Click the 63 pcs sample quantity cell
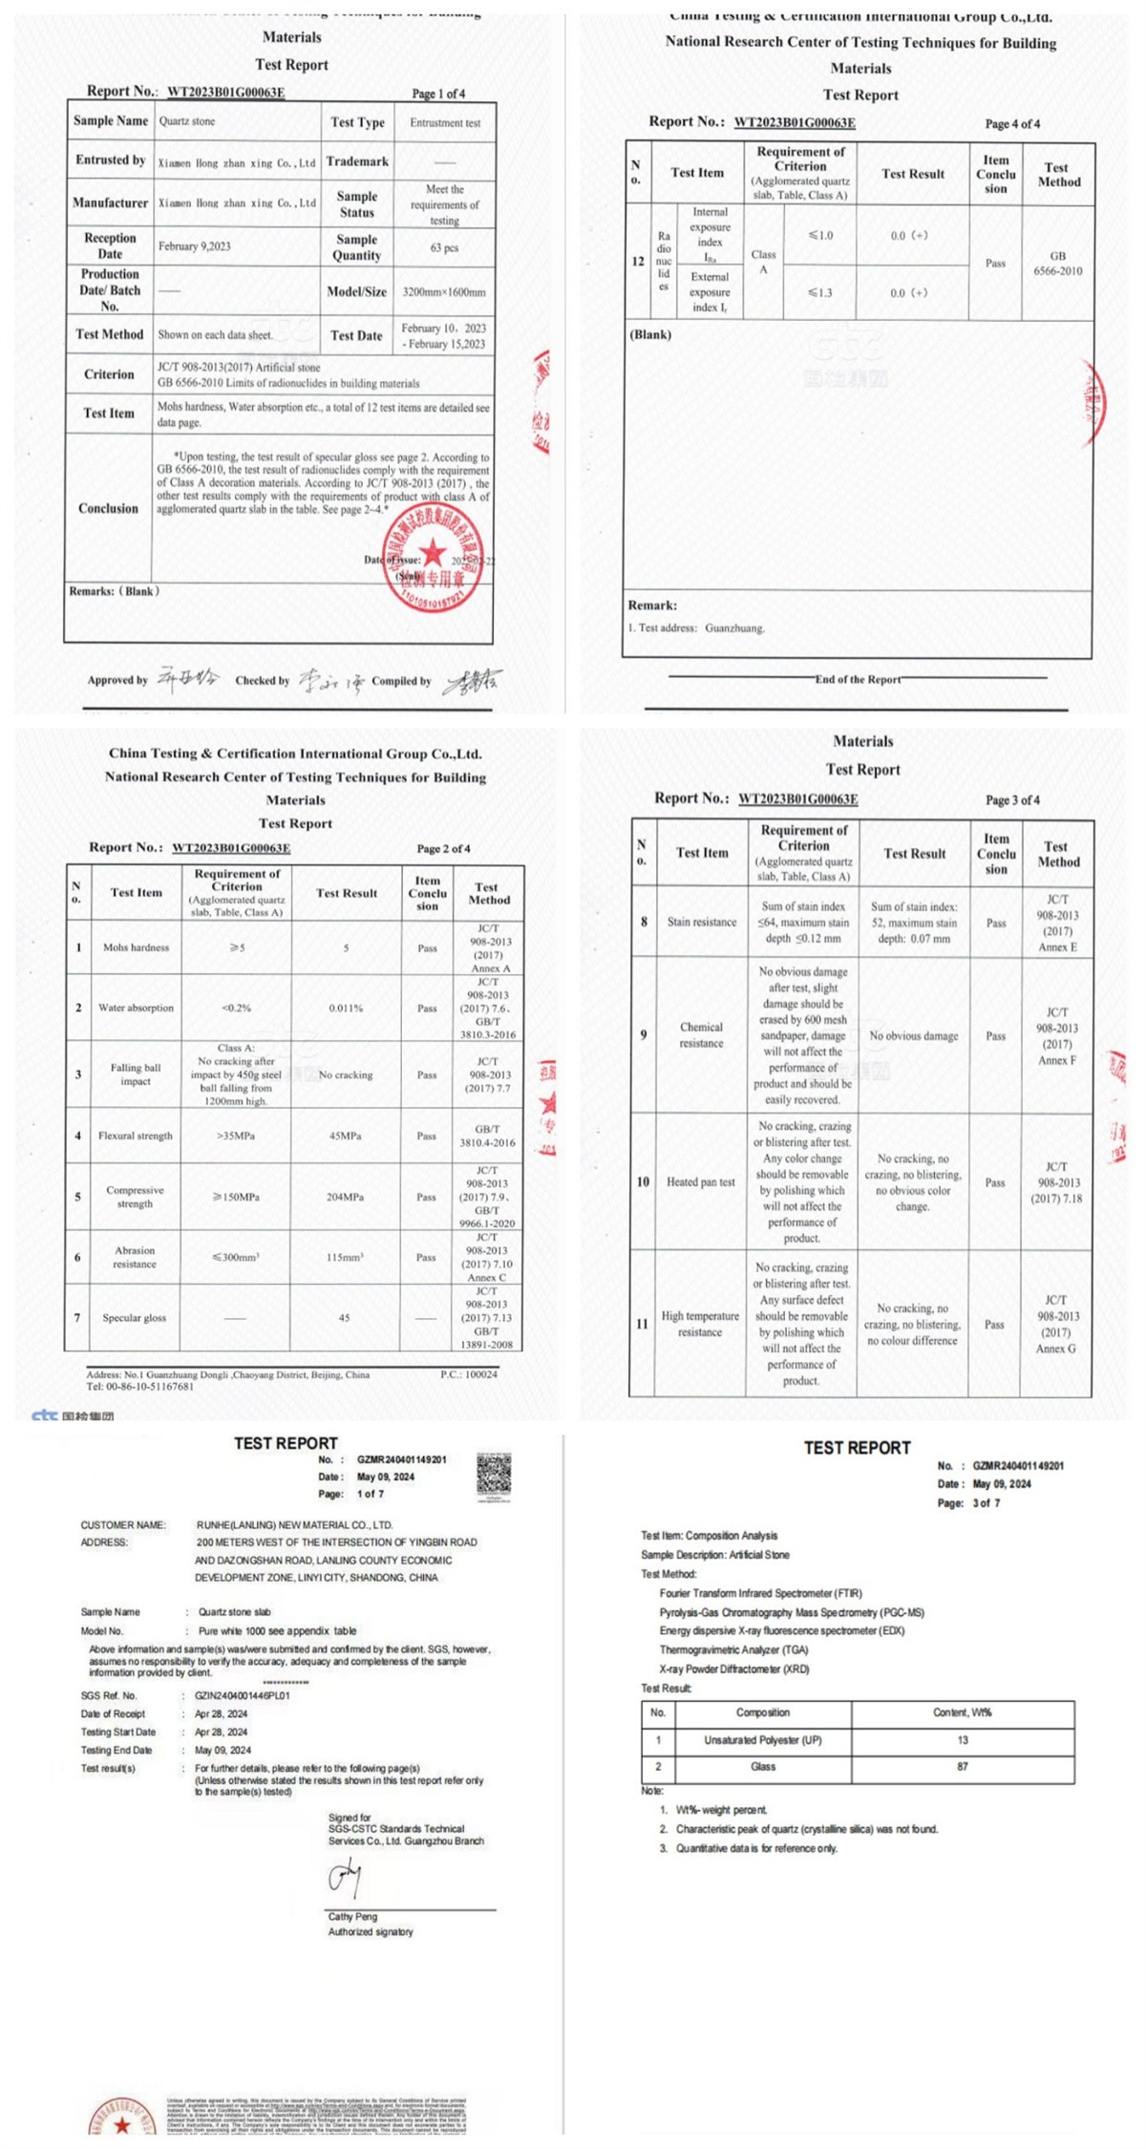444,247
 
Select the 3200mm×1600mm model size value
444,292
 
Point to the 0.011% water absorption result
346,1008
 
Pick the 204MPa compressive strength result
346,1197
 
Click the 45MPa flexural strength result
346,1136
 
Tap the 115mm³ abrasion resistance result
346,1257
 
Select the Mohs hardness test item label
136,947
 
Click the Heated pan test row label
701,1182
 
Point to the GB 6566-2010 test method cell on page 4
1057,264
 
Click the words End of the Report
858,679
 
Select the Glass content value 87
963,1766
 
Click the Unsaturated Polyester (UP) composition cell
762,1739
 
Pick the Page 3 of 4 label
1012,800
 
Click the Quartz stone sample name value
187,122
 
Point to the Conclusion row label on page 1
108,508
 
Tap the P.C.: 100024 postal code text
469,1374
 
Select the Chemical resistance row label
701,1035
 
